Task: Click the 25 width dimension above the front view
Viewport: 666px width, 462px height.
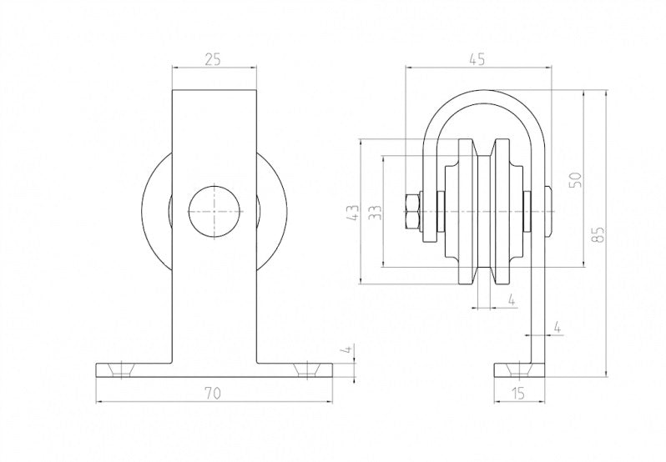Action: coord(213,59)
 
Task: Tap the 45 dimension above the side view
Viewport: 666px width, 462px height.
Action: coord(477,59)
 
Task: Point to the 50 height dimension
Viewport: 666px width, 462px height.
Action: coord(574,178)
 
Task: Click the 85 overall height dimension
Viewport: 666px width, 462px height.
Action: coord(597,234)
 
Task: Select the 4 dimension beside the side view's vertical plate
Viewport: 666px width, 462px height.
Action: coord(558,319)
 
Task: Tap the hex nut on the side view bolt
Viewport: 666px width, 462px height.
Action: coord(411,212)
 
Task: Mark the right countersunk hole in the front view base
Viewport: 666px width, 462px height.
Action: coord(308,368)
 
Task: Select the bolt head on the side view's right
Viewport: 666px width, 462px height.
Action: coord(548,212)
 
